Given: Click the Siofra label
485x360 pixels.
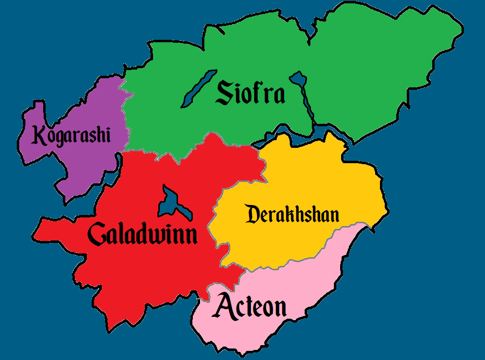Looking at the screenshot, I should point(250,93).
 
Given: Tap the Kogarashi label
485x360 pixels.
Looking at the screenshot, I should point(71,135).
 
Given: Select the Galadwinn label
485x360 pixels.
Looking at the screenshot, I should point(142,235).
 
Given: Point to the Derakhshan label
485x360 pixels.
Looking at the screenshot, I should point(292,214).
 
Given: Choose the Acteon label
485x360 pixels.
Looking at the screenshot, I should point(251,306).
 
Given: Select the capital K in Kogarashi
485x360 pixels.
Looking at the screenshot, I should point(39,135).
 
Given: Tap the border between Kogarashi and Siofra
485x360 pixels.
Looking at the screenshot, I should point(126,115).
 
